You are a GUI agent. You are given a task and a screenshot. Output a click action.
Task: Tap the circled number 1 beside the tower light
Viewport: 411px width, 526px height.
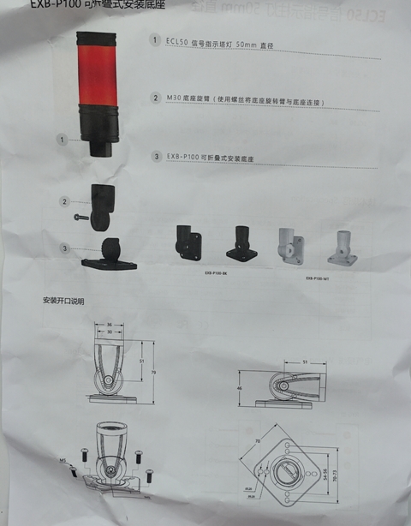pyautogui.click(x=63, y=138)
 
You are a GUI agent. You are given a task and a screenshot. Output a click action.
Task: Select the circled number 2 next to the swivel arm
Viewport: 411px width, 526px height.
pyautogui.click(x=64, y=201)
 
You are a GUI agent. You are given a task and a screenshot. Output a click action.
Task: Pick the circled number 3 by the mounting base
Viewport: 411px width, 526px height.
pyautogui.click(x=64, y=248)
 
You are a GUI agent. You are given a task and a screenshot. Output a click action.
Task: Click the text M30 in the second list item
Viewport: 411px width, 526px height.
pyautogui.click(x=174, y=99)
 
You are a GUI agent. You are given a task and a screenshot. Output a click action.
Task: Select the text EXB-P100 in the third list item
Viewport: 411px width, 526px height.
pyautogui.click(x=183, y=158)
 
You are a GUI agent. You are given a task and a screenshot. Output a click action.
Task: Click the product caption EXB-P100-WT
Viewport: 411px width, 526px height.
pyautogui.click(x=318, y=278)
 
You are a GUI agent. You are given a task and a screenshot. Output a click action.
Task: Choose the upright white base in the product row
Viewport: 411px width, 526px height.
pyautogui.click(x=291, y=244)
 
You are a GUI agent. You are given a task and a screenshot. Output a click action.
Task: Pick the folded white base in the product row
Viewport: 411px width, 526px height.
pyautogui.click(x=343, y=246)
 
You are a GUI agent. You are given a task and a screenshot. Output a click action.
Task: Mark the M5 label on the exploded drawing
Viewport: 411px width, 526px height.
pyautogui.click(x=63, y=461)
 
